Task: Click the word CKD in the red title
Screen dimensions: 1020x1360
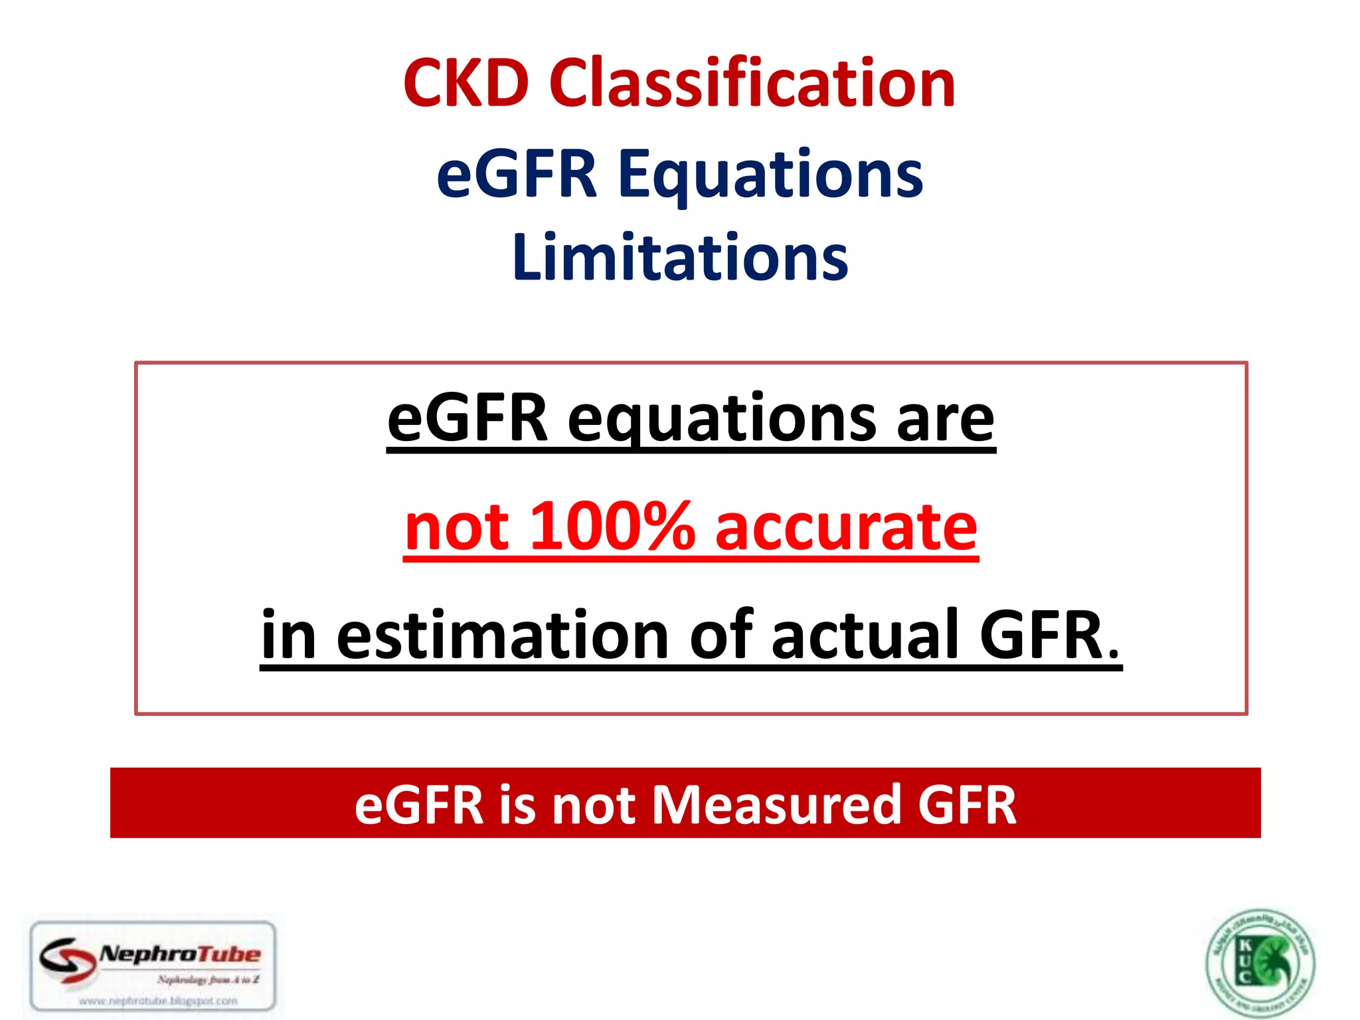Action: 466,83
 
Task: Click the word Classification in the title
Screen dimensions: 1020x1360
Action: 752,83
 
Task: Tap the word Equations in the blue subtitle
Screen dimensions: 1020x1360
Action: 770,175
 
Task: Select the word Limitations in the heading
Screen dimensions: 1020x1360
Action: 680,258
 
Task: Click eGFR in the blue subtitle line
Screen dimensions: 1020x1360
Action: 517,175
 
